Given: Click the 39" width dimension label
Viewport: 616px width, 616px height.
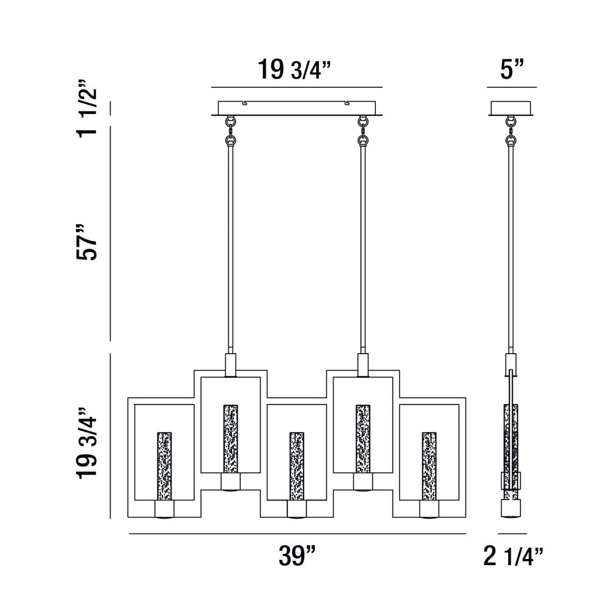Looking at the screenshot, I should click(297, 556).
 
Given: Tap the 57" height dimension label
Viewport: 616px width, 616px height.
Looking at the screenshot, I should click(88, 241).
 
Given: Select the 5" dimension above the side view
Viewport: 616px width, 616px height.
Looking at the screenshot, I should click(512, 70).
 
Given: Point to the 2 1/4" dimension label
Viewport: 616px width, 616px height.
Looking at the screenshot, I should click(513, 557).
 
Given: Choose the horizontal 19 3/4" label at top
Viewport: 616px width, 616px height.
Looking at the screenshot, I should click(294, 70).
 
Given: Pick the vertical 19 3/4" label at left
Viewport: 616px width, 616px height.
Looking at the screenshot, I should click(88, 443).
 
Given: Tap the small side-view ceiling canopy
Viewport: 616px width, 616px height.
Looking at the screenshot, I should click(511, 108).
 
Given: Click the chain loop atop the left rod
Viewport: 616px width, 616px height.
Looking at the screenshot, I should click(230, 131).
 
